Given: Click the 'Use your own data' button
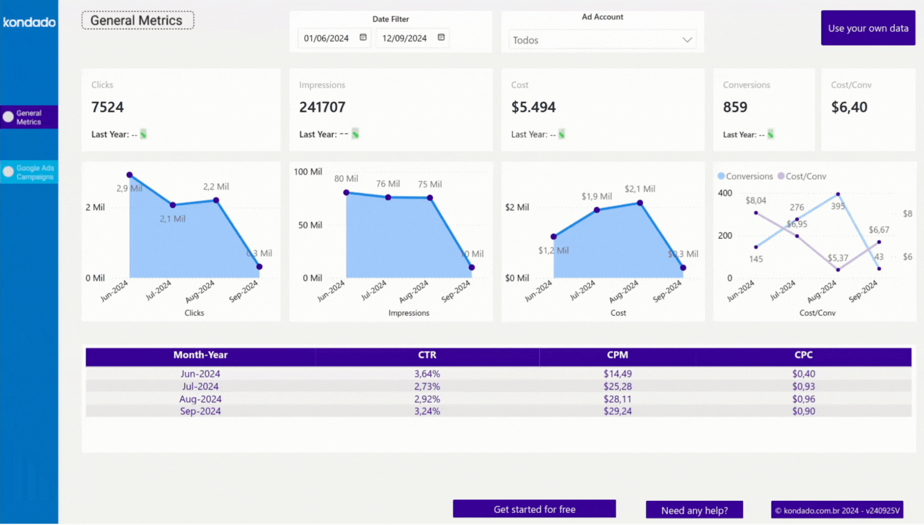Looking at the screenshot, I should coord(868,28).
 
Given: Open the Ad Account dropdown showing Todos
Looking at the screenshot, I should coord(602,40).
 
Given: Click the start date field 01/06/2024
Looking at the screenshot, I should coord(326,38).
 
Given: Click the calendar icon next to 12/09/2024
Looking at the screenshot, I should coord(441,37).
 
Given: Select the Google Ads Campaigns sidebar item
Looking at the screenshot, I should coord(29,172).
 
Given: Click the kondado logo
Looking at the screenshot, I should coord(29,22).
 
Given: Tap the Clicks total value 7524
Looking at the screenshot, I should coord(107,107).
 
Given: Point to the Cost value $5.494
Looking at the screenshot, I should coord(533,107).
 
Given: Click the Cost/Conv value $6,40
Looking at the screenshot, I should coord(849,107).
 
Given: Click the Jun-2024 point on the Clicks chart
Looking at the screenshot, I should coord(130,175).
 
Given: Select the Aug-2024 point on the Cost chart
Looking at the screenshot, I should coord(640,203).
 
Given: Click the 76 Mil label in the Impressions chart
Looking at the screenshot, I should coord(388,184).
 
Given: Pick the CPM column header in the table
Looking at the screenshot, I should coord(617,355).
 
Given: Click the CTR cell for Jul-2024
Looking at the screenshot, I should coord(427,386).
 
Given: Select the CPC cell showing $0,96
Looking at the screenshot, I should coord(803,399).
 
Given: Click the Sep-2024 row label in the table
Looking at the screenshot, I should coord(200,412).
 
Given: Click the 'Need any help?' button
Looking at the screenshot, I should coord(694,510).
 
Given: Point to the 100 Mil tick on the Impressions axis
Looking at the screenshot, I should coord(308,172).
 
